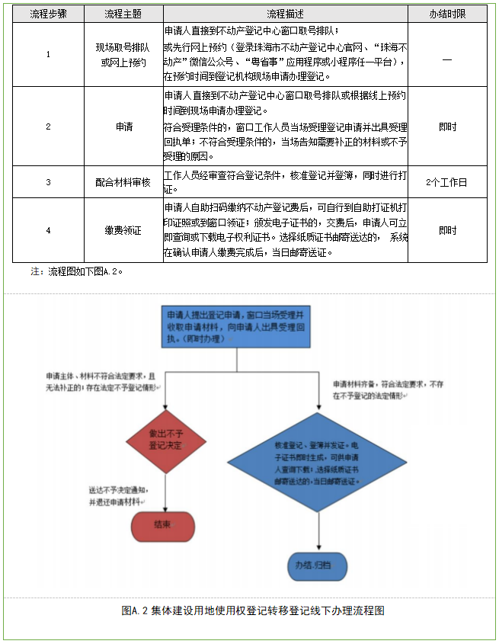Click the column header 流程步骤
(48, 14)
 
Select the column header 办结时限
(447, 14)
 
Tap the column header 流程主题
(122, 14)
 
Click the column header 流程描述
(285, 14)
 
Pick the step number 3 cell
(48, 182)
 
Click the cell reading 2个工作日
(447, 182)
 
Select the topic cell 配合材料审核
(122, 182)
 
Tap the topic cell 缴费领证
(122, 230)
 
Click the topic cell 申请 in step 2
(122, 127)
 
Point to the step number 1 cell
(48, 54)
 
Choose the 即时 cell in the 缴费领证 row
(447, 230)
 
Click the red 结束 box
(163, 524)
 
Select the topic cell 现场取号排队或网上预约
(122, 54)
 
